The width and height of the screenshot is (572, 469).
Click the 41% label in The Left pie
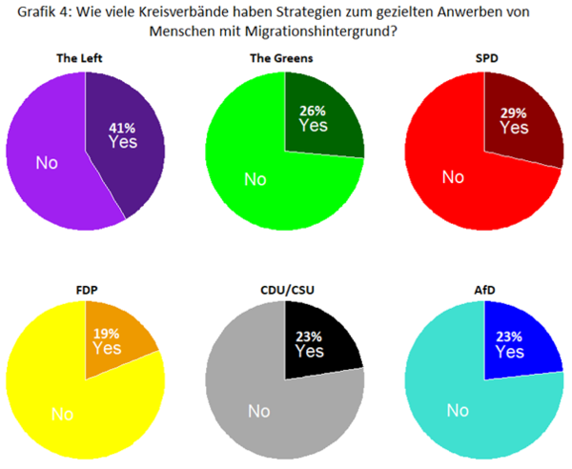tap(121, 124)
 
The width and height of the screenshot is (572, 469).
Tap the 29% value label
tap(514, 111)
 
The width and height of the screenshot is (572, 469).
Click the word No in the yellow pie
tap(62, 416)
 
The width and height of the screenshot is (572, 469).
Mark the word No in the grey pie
tap(258, 411)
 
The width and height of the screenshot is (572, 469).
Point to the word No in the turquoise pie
tap(459, 411)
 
